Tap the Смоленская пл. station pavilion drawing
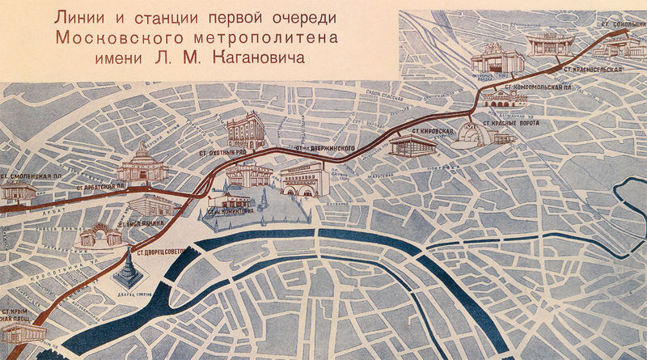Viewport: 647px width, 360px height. click(18, 192)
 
